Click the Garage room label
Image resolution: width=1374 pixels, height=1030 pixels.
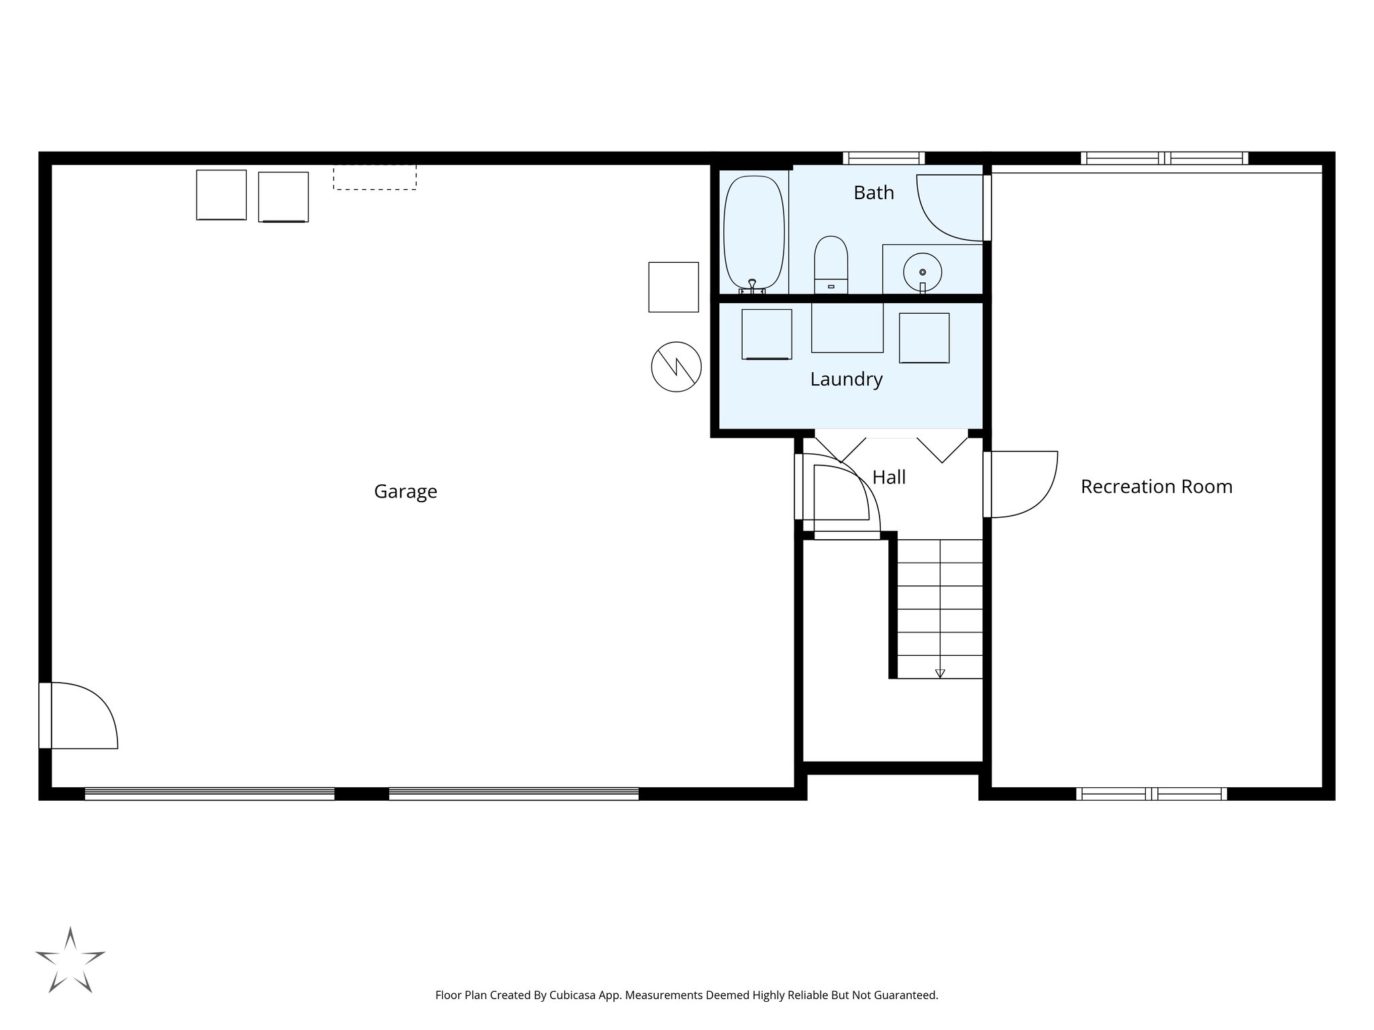pos(405,492)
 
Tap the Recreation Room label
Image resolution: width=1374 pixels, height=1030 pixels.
pos(1156,487)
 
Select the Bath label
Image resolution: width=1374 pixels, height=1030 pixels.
pos(874,193)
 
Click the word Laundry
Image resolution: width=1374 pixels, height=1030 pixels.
pos(846,380)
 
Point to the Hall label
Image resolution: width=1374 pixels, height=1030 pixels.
pos(889,477)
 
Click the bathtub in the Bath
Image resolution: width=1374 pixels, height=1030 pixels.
pos(753,231)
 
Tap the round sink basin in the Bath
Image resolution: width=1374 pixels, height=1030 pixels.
pos(922,272)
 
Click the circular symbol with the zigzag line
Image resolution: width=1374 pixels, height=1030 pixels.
pos(676,367)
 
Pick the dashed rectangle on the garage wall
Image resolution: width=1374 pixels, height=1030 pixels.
pos(374,178)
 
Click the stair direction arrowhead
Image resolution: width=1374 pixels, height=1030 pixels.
pos(940,673)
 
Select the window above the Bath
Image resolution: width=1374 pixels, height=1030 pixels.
pos(884,158)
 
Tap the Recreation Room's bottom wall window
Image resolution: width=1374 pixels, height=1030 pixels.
pos(1151,794)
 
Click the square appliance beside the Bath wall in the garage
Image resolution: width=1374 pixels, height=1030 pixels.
pos(673,287)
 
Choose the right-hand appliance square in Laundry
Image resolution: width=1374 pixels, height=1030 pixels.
pos(924,338)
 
